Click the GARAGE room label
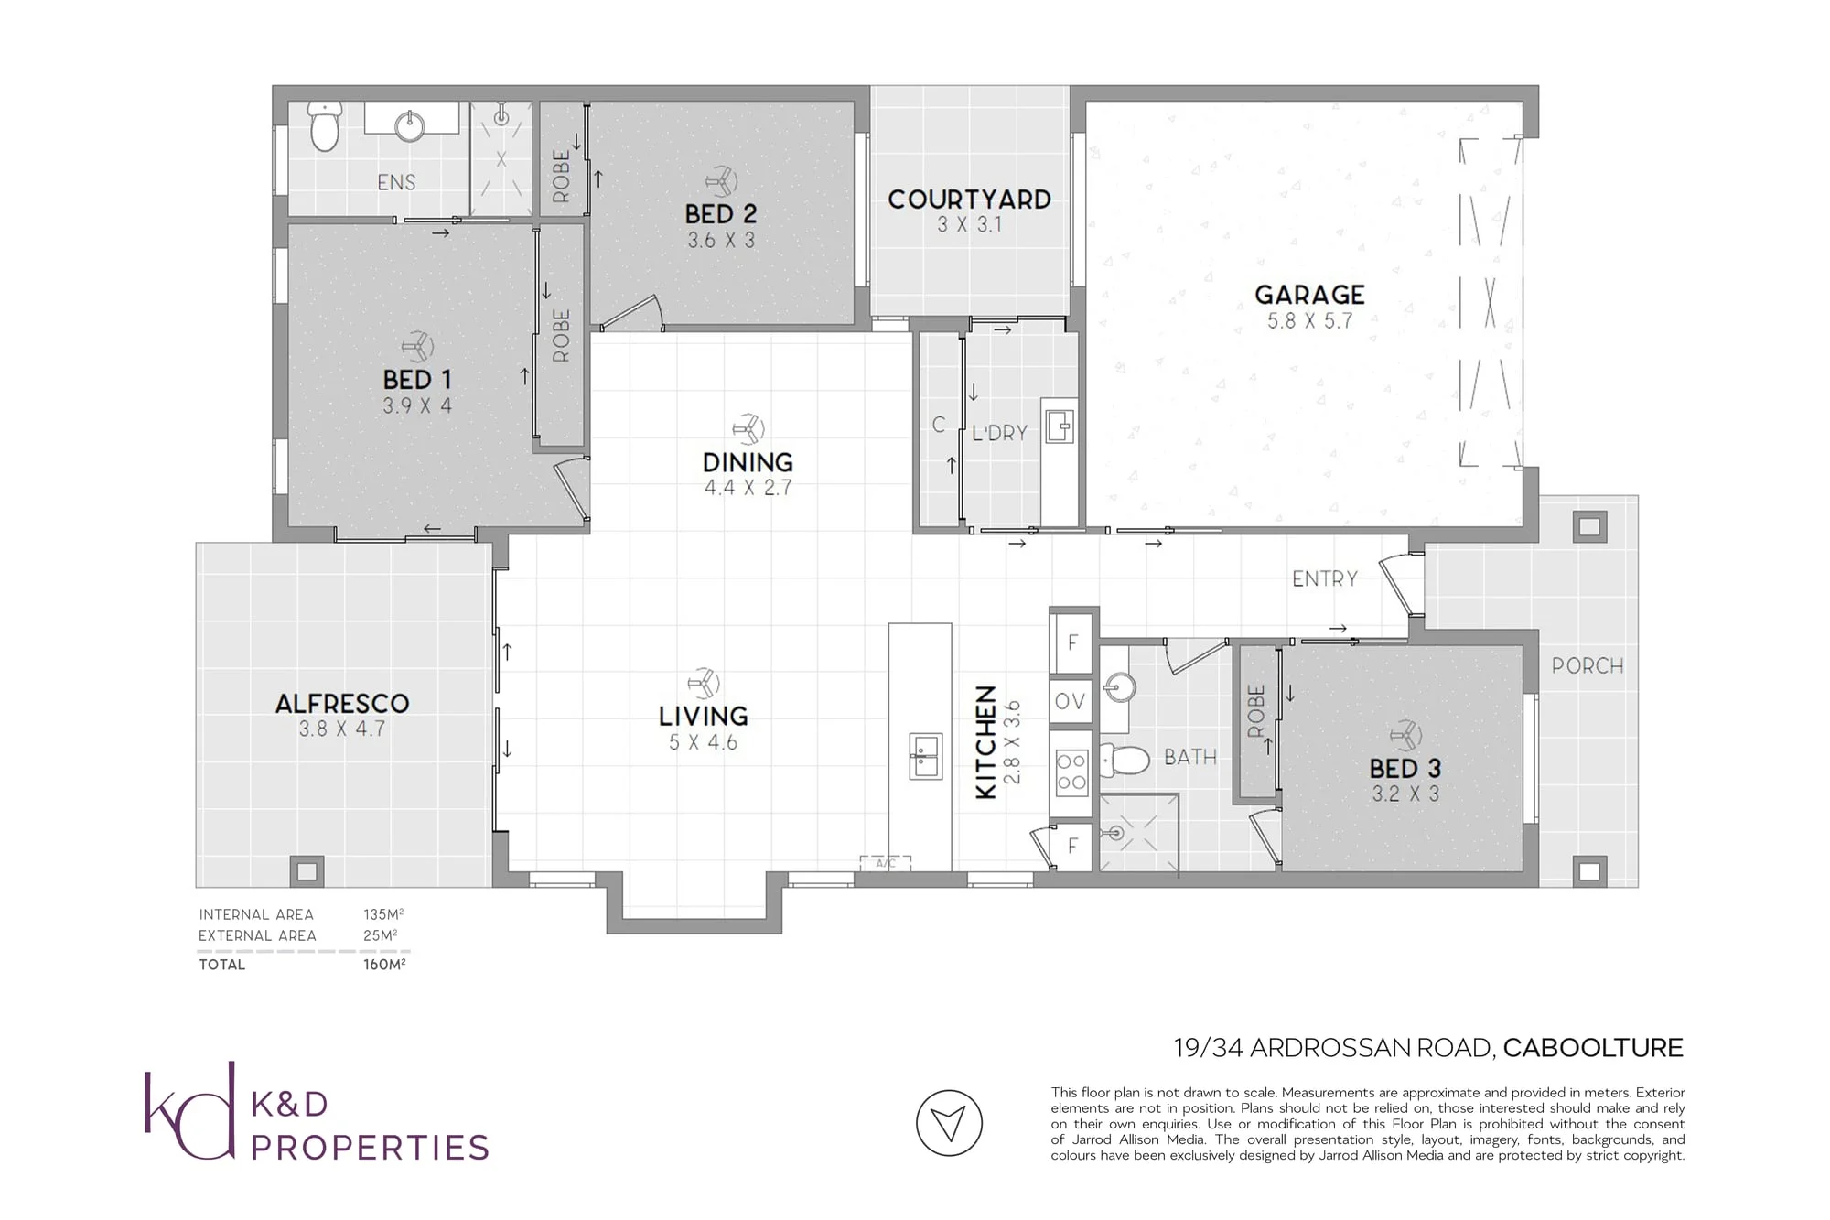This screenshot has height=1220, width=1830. click(x=1309, y=295)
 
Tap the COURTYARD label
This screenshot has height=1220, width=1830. click(x=970, y=200)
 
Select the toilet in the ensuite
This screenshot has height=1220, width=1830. click(x=324, y=126)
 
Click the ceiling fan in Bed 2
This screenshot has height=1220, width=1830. click(x=722, y=181)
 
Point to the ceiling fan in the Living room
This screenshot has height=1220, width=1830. click(x=704, y=684)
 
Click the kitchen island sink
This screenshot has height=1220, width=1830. click(x=925, y=756)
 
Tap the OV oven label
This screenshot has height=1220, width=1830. click(x=1070, y=701)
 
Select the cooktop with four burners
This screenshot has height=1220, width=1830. click(x=1071, y=771)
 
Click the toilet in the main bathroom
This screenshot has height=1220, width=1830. click(x=1125, y=759)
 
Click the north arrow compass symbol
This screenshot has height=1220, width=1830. click(x=949, y=1123)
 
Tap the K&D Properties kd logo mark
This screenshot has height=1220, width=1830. click(x=190, y=1110)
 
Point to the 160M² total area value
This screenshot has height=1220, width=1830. click(x=384, y=964)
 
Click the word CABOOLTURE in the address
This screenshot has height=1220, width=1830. click(x=1593, y=1048)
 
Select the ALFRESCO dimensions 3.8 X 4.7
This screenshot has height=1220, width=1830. click(x=342, y=729)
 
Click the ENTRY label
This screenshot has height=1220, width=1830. click(x=1325, y=578)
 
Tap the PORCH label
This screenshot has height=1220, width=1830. click(x=1588, y=666)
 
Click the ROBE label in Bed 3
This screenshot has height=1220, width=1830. click(x=1256, y=711)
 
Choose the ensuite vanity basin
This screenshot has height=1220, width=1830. click(x=410, y=125)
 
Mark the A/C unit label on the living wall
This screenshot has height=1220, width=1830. click(x=886, y=863)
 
